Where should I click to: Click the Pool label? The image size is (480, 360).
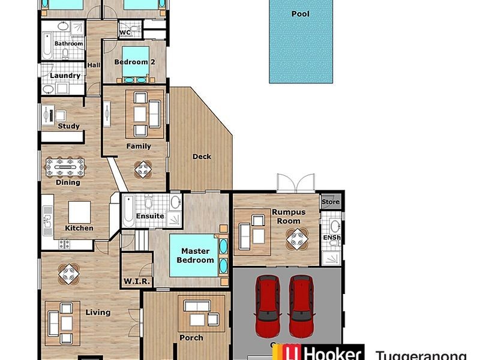(300, 14)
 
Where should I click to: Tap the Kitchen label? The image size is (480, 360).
(79, 228)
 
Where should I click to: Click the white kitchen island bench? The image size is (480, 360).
(79, 212)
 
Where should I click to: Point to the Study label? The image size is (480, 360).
(68, 127)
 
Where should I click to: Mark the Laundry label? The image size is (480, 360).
(65, 76)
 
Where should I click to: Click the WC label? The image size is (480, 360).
(125, 33)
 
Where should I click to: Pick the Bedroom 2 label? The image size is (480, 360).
(131, 62)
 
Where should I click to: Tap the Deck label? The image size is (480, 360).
(202, 157)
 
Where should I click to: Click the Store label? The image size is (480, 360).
(331, 202)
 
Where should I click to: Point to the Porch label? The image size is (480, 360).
(191, 338)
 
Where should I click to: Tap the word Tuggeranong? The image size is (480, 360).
(420, 355)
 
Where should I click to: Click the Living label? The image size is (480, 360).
(98, 312)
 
